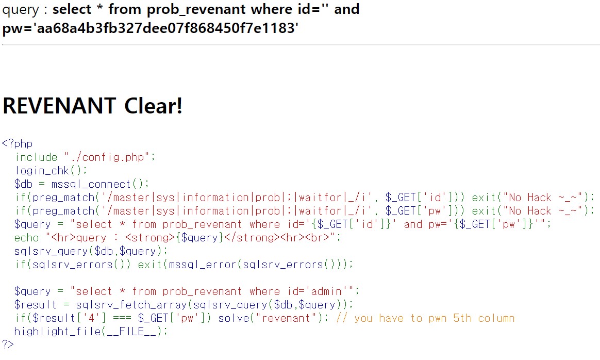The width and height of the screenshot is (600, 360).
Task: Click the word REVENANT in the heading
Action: [59, 106]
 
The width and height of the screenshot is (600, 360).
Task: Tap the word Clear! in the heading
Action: [153, 106]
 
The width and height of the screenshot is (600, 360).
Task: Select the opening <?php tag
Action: [17, 143]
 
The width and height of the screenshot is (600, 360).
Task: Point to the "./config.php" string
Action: [107, 157]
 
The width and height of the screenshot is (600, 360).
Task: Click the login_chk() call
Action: [51, 170]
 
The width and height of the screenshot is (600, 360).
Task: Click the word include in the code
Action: [36, 157]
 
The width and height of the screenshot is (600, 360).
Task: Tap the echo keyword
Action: [27, 237]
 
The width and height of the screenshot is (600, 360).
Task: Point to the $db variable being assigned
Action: [24, 184]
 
